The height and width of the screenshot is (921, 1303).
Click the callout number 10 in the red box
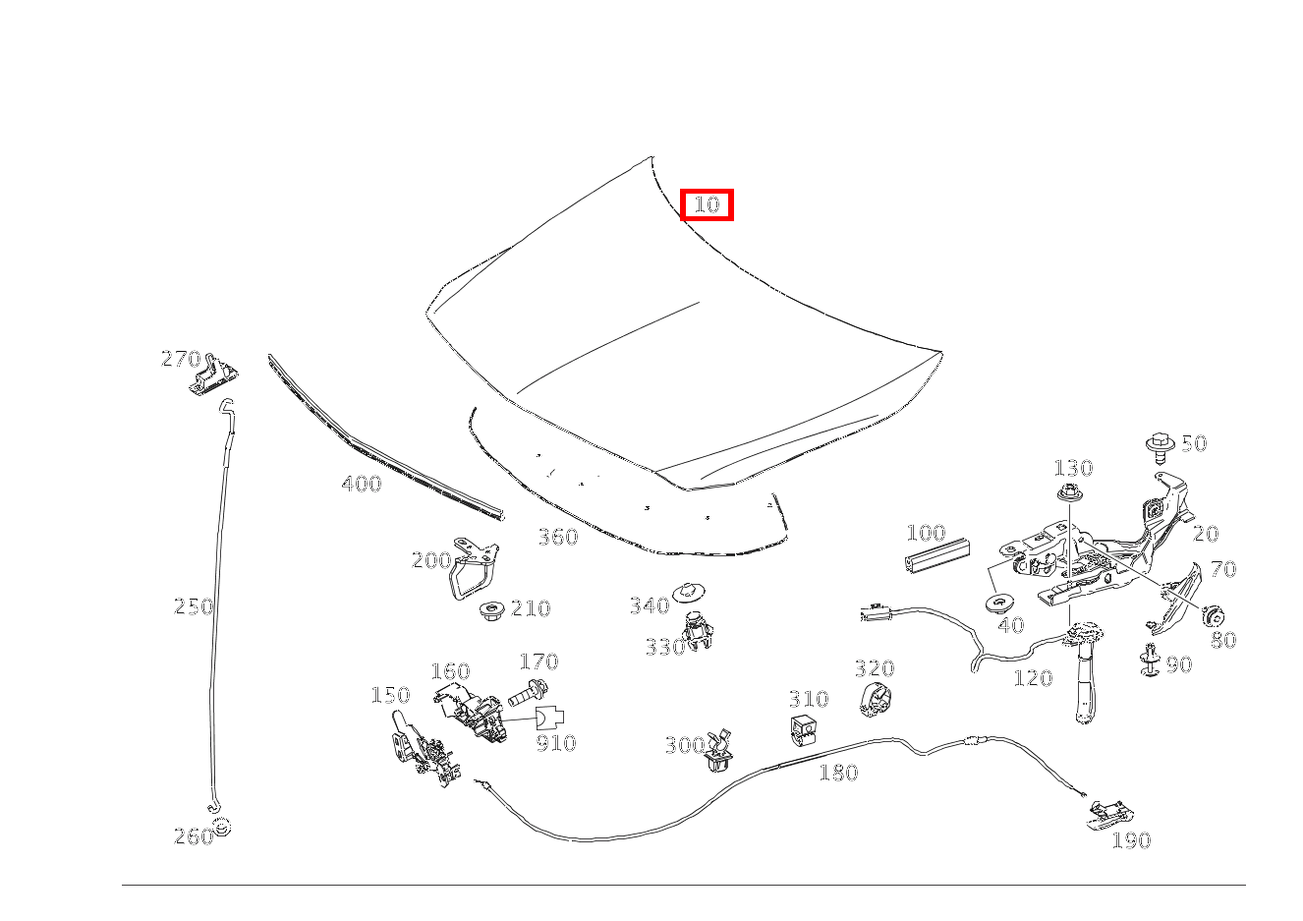tap(707, 205)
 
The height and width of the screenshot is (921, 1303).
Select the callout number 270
tap(181, 360)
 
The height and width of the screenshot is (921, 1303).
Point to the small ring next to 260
tap(221, 827)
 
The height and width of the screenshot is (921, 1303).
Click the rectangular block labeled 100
tap(936, 555)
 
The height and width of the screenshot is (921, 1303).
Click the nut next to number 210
tap(490, 611)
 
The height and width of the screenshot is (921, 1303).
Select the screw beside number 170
tap(528, 692)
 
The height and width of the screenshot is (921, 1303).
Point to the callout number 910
tap(555, 743)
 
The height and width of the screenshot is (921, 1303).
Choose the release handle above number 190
tap(1109, 813)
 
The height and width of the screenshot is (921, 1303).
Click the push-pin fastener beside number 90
tap(1149, 662)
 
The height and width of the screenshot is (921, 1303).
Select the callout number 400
tap(362, 484)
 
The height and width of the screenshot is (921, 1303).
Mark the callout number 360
tap(557, 537)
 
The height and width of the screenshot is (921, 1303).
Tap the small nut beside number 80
tap(1212, 615)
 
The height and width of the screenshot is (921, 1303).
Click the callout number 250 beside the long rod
tap(194, 606)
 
